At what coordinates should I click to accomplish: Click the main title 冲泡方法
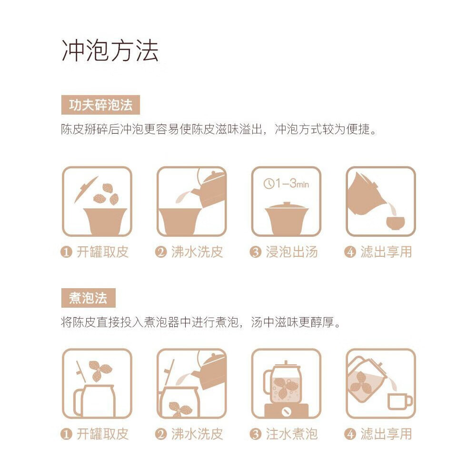tap(110, 50)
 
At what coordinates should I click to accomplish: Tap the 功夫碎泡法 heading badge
tap(100, 105)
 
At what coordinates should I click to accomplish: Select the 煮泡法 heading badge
tap(89, 298)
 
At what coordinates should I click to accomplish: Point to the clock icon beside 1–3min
tap(268, 184)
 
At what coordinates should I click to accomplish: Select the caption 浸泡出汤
tap(292, 252)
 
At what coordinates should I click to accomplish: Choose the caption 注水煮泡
tap(292, 434)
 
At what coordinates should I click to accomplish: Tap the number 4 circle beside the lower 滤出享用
tap(350, 434)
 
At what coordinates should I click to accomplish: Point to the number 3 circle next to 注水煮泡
tap(255, 434)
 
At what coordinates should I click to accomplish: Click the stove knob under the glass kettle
tap(286, 412)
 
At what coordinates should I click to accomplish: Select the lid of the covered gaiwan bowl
tap(286, 206)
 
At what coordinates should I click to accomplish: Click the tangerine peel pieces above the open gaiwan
tap(106, 194)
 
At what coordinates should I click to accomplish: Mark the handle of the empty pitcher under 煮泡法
tap(78, 403)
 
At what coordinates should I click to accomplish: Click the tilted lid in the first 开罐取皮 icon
tap(86, 190)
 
